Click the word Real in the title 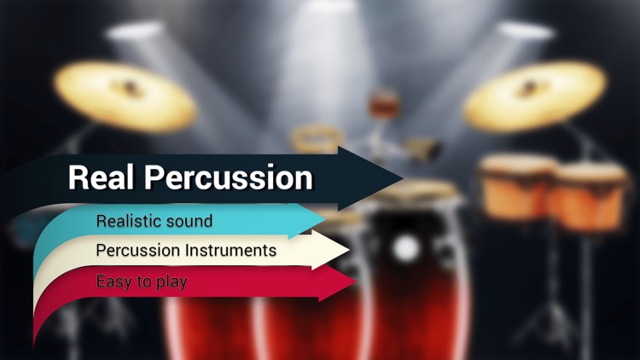pyautogui.click(x=102, y=177)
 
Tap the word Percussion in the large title pyautogui.click(x=228, y=177)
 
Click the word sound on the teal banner pyautogui.click(x=189, y=222)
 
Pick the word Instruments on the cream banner pyautogui.click(x=231, y=251)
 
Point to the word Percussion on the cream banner pyautogui.click(x=138, y=251)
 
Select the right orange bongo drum pyautogui.click(x=589, y=197)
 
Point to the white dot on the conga pyautogui.click(x=407, y=248)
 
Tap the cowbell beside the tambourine pyautogui.click(x=423, y=150)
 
